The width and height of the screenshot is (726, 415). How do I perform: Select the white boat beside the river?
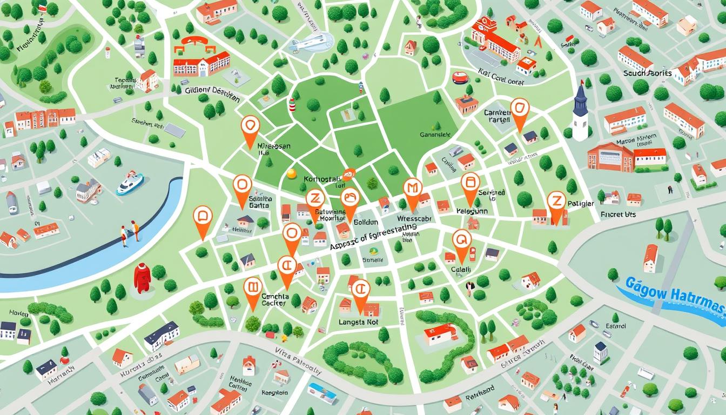[130, 184]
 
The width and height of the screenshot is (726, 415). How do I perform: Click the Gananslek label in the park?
[434, 135]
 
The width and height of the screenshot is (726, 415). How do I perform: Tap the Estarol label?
[615, 326]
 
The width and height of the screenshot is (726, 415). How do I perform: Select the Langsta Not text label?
[358, 322]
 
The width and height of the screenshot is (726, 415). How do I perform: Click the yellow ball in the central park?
[292, 173]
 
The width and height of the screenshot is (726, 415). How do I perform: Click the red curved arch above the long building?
[193, 42]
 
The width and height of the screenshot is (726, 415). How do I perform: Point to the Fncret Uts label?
[619, 215]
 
